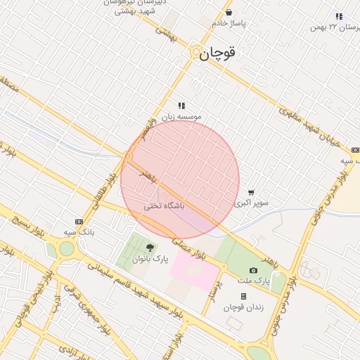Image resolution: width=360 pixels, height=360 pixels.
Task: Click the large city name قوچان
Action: (x=217, y=53)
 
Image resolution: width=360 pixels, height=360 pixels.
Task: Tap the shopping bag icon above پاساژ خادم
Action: (x=229, y=12)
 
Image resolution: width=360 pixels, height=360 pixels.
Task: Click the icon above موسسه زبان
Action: (x=181, y=105)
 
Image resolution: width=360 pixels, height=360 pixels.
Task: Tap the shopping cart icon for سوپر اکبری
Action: (x=251, y=192)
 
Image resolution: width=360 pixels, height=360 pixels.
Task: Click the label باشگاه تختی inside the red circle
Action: (x=164, y=206)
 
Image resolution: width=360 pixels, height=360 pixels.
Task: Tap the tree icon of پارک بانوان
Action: (x=150, y=247)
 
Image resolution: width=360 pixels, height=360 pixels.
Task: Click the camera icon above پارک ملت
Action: (x=253, y=270)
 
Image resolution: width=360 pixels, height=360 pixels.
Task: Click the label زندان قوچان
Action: (x=243, y=307)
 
